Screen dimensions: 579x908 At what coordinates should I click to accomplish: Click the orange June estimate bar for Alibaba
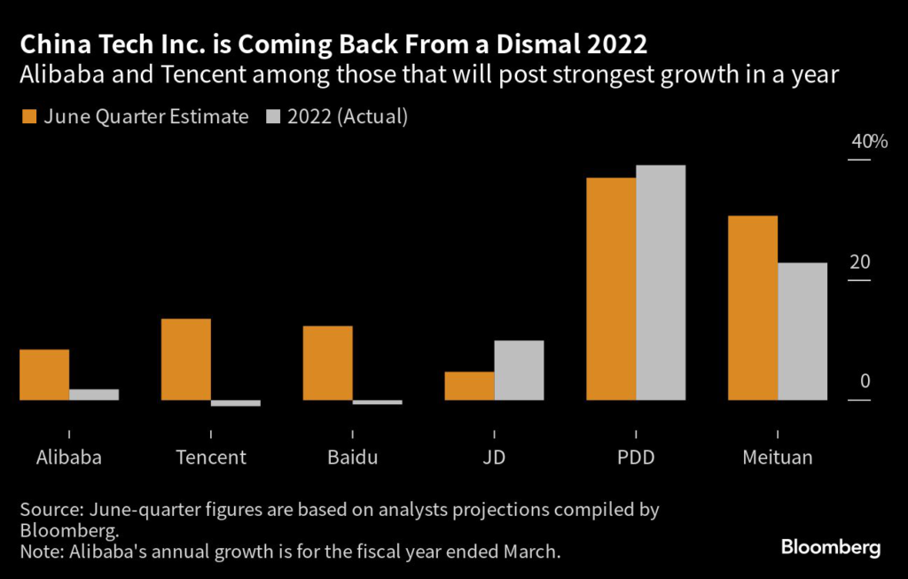pyautogui.click(x=44, y=374)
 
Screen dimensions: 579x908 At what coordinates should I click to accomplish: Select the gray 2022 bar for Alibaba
pyautogui.click(x=94, y=395)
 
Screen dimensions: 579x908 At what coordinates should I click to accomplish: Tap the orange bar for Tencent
pyautogui.click(x=186, y=359)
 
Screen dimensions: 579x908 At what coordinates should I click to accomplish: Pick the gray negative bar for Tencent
pyautogui.click(x=236, y=403)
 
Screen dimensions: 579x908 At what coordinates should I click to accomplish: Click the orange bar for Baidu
pyautogui.click(x=328, y=363)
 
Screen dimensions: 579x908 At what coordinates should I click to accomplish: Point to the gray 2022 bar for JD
pyautogui.click(x=519, y=370)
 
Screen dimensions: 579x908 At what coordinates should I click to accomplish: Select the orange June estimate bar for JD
pyautogui.click(x=469, y=386)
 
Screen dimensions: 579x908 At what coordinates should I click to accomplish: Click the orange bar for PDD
pyautogui.click(x=611, y=289)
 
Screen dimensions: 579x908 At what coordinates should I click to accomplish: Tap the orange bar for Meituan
pyautogui.click(x=753, y=308)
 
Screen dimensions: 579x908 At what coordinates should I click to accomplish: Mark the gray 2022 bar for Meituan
pyautogui.click(x=802, y=331)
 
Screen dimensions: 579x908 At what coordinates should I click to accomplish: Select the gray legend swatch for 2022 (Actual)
pyautogui.click(x=273, y=117)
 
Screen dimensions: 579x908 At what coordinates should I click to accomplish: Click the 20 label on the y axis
pyautogui.click(x=859, y=262)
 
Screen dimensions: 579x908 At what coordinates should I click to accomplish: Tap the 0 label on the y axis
pyautogui.click(x=865, y=381)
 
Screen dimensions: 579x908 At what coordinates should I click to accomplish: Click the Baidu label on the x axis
pyautogui.click(x=352, y=458)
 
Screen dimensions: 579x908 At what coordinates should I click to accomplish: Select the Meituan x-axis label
pyautogui.click(x=777, y=458)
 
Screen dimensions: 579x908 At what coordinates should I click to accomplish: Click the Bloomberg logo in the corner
pyautogui.click(x=831, y=547)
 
